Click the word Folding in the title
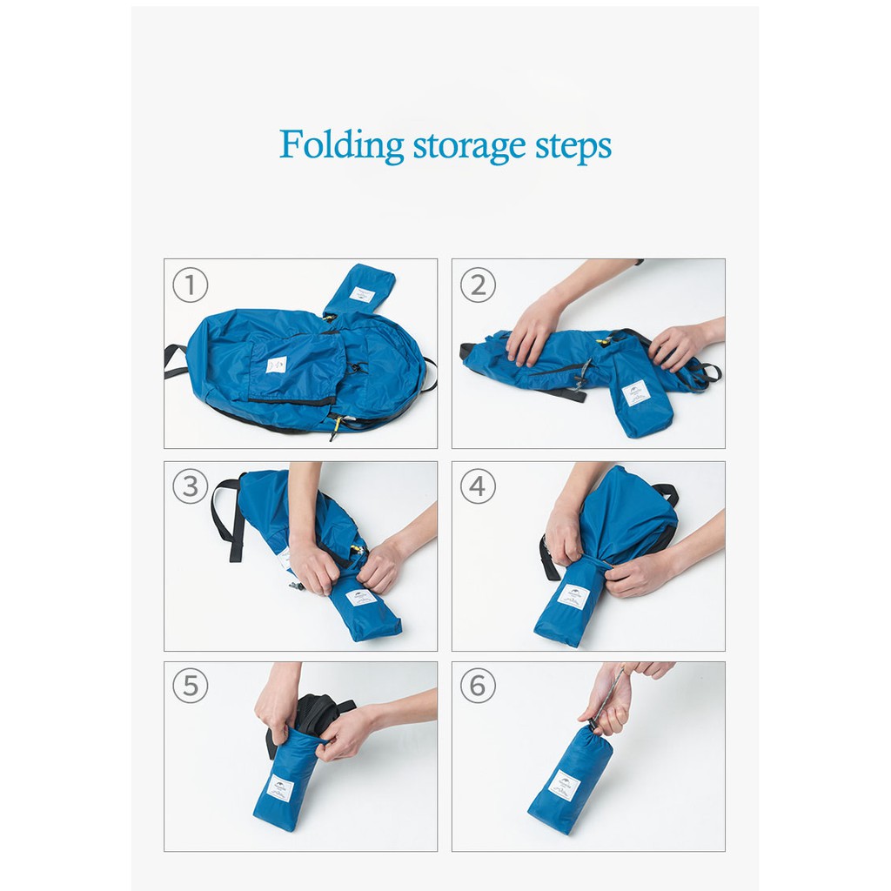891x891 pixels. (x=341, y=144)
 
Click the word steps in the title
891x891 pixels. (x=568, y=146)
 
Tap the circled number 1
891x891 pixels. (x=190, y=285)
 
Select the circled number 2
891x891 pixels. (x=478, y=285)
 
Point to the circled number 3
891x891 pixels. (x=190, y=486)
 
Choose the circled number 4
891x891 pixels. (x=478, y=486)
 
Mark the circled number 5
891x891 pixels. (x=190, y=687)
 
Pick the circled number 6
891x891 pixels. (x=478, y=687)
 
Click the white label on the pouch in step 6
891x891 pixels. (x=566, y=784)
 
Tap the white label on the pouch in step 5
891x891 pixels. (x=280, y=787)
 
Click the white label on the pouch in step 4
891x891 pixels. (x=573, y=596)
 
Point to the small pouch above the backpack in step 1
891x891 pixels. (x=360, y=291)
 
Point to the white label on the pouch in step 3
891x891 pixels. (x=360, y=598)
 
